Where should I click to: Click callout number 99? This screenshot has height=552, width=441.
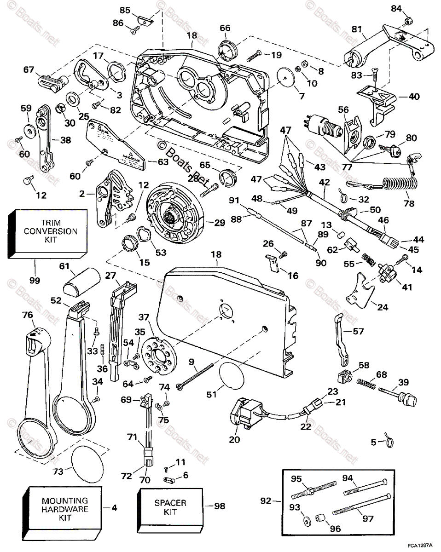(x=35, y=280)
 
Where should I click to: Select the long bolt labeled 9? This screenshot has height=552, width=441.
(x=203, y=375)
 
